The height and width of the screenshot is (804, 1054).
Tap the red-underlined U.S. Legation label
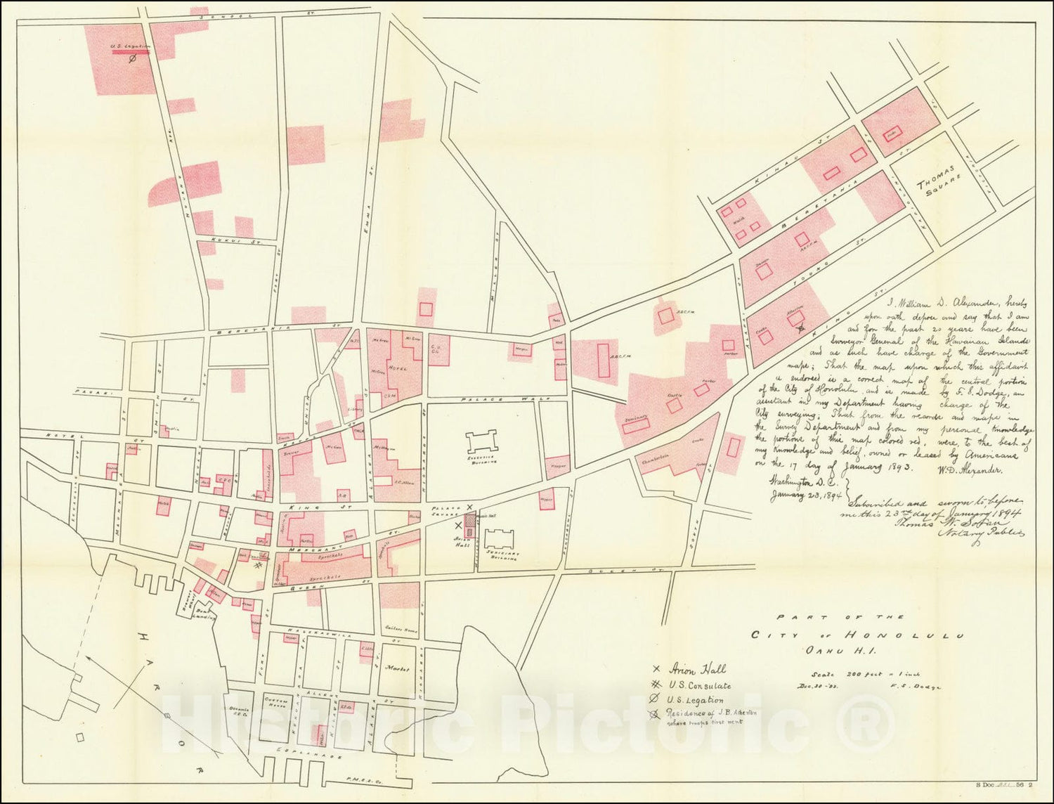click(131, 48)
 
